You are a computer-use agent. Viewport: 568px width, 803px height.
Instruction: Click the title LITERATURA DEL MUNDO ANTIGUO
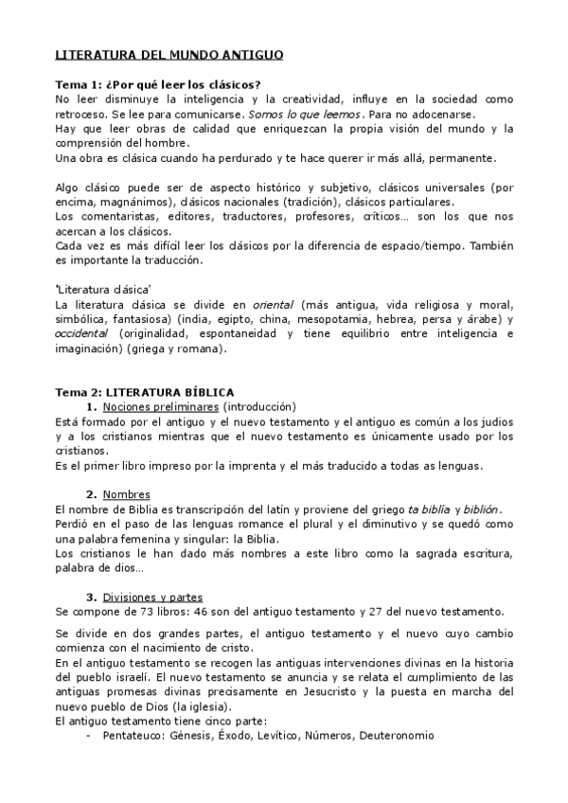click(169, 56)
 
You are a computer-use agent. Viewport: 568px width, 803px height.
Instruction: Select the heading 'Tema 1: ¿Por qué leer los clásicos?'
click(158, 84)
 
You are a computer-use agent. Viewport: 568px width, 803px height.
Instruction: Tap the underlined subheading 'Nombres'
click(127, 494)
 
